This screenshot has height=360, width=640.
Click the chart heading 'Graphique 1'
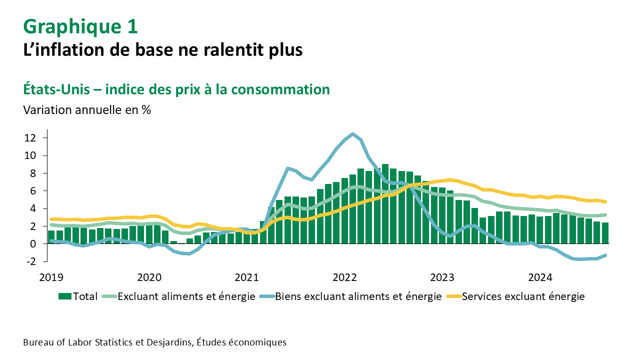pos(80,26)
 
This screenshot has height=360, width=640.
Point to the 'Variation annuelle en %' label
pos(87,110)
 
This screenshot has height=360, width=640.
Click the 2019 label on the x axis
pos(51,277)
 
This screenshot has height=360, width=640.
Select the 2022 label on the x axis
pos(344,277)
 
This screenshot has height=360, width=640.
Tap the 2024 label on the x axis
pos(540,277)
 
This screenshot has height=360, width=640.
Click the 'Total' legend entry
pos(85,296)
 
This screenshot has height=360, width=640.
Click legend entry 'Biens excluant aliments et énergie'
pos(358,296)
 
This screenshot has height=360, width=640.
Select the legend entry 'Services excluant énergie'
pos(523,296)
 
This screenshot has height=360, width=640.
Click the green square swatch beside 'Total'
pos(65,296)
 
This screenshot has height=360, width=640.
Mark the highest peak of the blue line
pos(353,134)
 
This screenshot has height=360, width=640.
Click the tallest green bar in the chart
pos(385,203)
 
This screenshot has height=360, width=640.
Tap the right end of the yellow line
pos(605,202)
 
